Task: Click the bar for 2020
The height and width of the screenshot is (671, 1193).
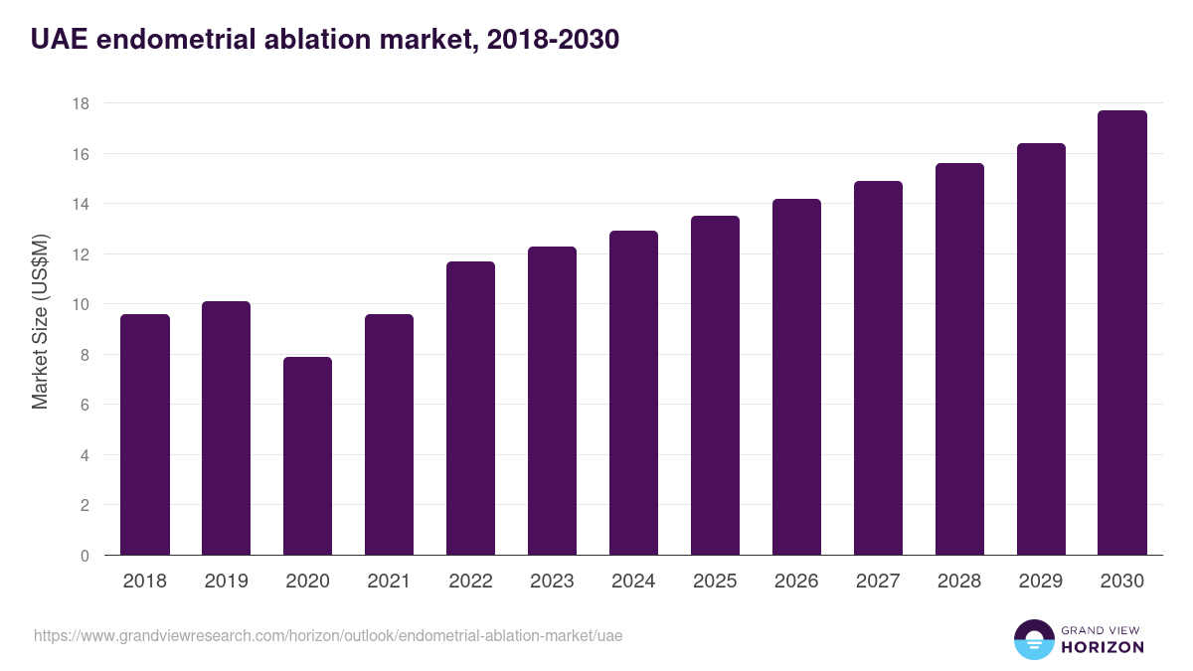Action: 307,456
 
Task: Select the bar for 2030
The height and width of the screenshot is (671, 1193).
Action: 1122,333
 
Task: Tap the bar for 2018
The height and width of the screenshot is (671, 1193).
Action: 145,434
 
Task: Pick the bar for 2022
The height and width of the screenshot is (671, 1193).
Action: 470,409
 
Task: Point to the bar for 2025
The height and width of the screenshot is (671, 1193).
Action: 715,386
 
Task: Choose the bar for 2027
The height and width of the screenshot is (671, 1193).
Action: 878,368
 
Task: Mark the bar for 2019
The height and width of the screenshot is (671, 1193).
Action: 226,428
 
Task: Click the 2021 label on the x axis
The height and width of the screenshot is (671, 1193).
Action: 389,582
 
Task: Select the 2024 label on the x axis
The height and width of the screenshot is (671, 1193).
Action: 633,582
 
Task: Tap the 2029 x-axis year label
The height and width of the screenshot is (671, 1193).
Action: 1041,582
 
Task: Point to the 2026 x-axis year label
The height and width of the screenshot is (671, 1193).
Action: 796,582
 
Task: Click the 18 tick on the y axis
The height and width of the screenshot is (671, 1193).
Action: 81,103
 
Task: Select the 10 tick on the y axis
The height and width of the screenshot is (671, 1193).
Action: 81,305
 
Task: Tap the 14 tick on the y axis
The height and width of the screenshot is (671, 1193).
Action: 81,204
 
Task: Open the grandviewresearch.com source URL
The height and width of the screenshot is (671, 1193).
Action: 328,635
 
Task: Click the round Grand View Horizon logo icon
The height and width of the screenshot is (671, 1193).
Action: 1034,639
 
